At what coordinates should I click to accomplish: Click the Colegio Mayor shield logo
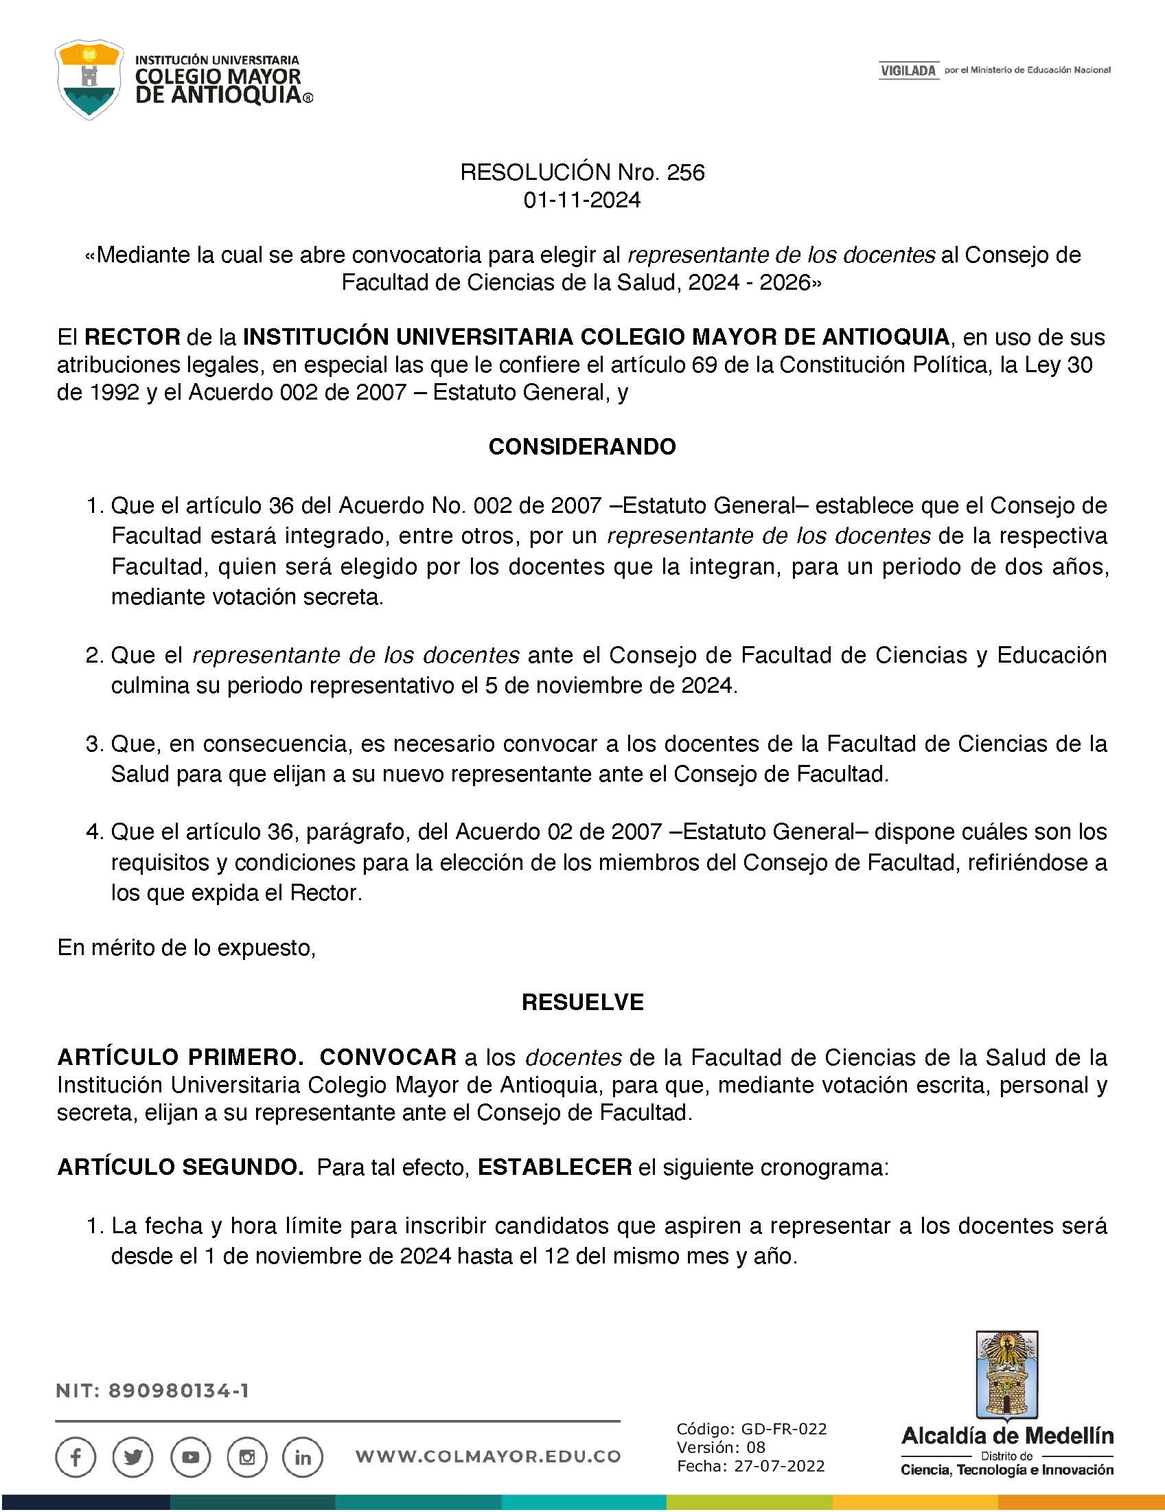(x=89, y=79)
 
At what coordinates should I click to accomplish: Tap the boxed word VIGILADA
(x=908, y=71)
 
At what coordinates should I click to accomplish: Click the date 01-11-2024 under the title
(x=582, y=200)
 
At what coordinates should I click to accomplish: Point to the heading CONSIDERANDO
(x=582, y=446)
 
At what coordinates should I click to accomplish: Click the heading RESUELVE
(x=582, y=1002)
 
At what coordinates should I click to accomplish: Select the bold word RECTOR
(x=132, y=337)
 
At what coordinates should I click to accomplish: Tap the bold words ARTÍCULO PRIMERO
(x=180, y=1057)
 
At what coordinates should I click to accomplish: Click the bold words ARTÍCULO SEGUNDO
(x=180, y=1167)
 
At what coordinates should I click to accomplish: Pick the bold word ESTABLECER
(x=555, y=1167)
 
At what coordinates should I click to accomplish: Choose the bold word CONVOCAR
(x=388, y=1057)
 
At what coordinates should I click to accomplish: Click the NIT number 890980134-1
(x=178, y=1391)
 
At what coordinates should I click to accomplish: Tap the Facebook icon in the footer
(x=76, y=1457)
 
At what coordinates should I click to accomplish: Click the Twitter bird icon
(x=132, y=1457)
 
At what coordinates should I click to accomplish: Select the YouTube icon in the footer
(x=189, y=1457)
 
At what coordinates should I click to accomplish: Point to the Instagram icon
(x=246, y=1457)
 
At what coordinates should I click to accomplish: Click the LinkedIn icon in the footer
(x=303, y=1457)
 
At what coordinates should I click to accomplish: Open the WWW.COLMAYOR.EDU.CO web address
(x=488, y=1456)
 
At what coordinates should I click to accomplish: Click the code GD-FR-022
(x=783, y=1429)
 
